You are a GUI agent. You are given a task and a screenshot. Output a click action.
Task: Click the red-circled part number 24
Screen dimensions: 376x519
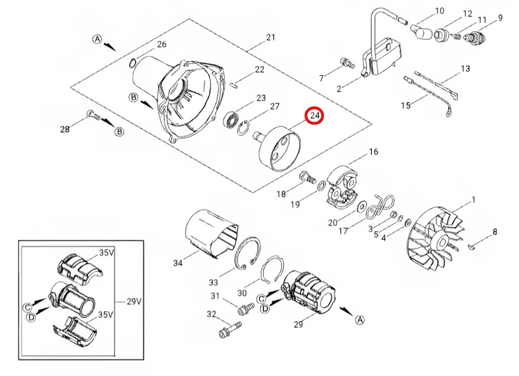[315, 116]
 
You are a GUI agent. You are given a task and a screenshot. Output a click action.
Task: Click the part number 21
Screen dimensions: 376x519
[270, 38]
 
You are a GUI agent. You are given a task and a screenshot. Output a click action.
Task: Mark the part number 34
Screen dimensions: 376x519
[178, 263]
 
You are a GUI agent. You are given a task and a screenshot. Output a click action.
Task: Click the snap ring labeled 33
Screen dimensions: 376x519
[246, 252]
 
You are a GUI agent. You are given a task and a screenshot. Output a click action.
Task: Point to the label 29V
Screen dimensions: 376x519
[134, 302]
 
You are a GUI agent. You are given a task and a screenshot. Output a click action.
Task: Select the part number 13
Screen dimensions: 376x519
[465, 70]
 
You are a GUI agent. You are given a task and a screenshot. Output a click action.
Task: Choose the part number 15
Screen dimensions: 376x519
[405, 106]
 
